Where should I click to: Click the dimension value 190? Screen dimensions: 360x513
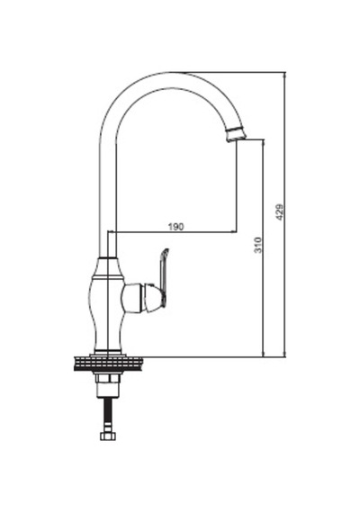coord(176,226)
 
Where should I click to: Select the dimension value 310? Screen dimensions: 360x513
coord(258,245)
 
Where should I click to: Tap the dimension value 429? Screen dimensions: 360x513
coord(279,212)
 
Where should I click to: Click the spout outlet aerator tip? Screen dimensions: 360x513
coord(236,133)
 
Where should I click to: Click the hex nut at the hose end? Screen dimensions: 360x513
coord(108,436)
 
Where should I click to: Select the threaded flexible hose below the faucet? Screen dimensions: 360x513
coord(108,414)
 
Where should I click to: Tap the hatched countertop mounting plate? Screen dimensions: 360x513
coord(108,364)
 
